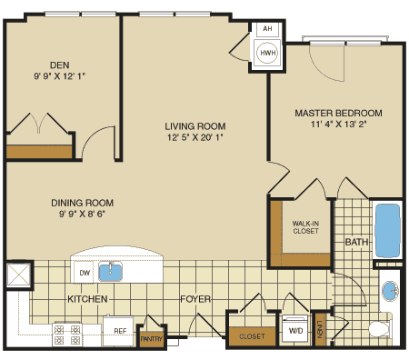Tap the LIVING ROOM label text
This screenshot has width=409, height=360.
tap(195, 126)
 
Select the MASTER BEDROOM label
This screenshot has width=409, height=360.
tap(338, 113)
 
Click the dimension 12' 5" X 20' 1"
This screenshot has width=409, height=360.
tap(195, 139)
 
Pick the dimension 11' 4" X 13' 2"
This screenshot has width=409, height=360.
tap(338, 126)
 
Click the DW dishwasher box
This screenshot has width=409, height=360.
tap(85, 271)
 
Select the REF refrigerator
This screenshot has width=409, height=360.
tap(118, 332)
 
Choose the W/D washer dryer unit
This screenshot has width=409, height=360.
tap(295, 330)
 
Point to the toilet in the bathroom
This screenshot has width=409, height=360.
tap(380, 328)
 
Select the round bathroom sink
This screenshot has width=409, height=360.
tap(390, 291)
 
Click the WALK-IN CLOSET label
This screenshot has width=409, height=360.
tap(304, 227)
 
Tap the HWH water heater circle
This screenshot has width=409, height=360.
tap(268, 53)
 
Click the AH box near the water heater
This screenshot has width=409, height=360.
tap(267, 29)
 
